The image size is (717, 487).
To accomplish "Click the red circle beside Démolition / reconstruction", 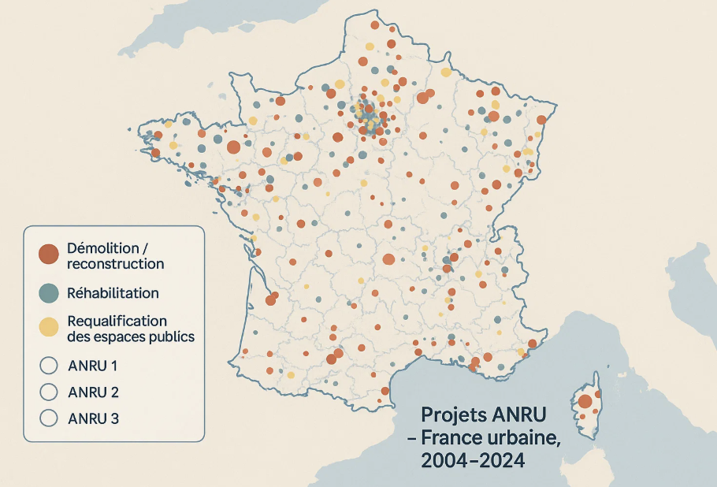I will click(x=49, y=254).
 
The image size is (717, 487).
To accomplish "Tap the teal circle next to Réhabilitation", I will click(x=49, y=292).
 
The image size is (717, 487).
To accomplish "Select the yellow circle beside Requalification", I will click(x=49, y=326).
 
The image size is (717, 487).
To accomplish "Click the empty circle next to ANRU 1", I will click(x=49, y=366).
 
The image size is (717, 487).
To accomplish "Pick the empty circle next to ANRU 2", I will click(x=49, y=392).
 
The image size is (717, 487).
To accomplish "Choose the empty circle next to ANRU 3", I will click(x=49, y=418).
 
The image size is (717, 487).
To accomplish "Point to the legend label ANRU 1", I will click(x=93, y=366).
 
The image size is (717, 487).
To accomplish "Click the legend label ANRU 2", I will click(x=94, y=392).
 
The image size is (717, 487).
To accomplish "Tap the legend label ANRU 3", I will click(x=94, y=418).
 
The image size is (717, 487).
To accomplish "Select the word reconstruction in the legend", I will click(x=116, y=264).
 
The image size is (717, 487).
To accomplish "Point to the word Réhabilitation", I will click(x=113, y=293).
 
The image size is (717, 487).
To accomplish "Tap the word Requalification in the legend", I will click(x=117, y=321).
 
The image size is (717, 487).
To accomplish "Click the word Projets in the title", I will click(x=451, y=415).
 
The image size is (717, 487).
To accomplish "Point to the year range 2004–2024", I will click(x=473, y=462).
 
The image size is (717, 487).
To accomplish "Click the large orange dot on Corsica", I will click(x=585, y=402).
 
